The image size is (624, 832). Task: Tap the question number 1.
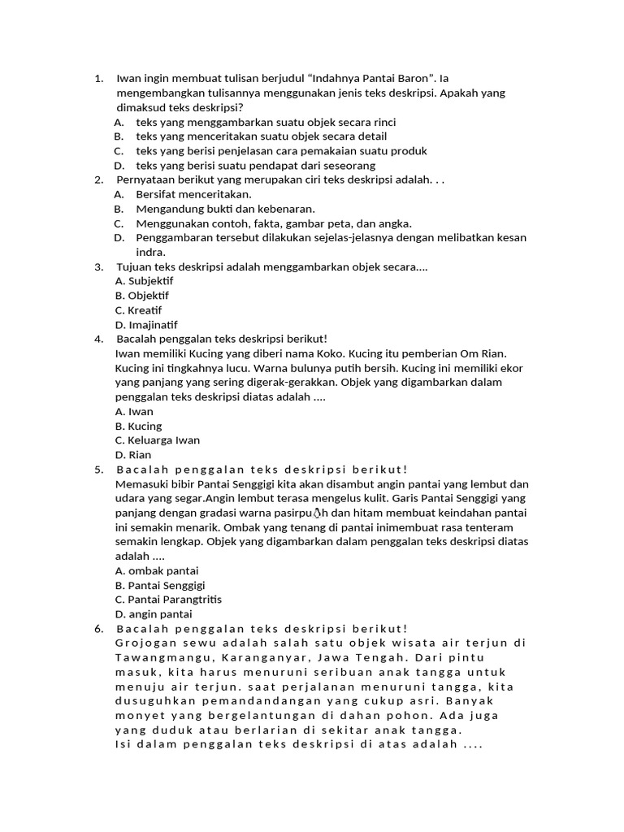[98, 79]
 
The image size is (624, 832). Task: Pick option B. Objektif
[142, 296]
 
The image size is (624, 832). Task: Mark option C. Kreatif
[139, 310]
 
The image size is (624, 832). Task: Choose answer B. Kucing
[139, 426]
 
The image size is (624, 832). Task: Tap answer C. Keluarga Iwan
[158, 440]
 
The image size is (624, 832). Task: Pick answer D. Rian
[134, 455]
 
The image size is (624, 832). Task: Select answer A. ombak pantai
[157, 570]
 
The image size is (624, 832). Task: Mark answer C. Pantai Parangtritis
[169, 600]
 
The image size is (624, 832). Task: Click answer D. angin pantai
[154, 614]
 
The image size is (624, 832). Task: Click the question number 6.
[98, 629]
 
